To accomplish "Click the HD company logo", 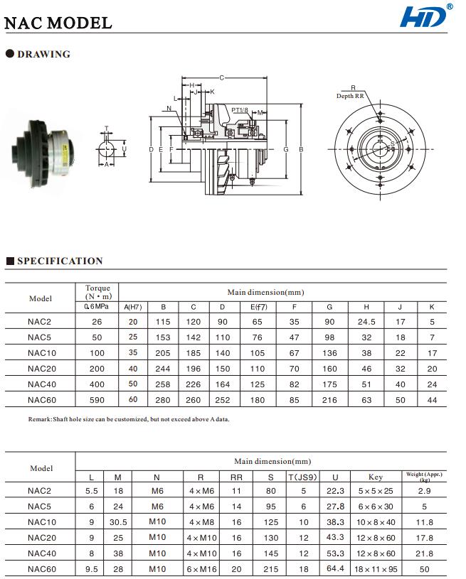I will coord(425,16).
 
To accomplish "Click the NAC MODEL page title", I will coord(58,23).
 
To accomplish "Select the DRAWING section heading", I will coord(43,54).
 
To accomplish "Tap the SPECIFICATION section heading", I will coord(59,261).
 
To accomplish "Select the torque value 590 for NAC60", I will coord(97,400).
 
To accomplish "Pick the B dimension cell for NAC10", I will coord(164,353).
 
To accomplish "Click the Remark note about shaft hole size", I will coord(117,419).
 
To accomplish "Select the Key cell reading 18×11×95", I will coord(376,569).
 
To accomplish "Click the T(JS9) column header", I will coord(302,477).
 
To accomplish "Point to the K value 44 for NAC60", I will coord(433,400).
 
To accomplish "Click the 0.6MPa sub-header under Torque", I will coord(97,306).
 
